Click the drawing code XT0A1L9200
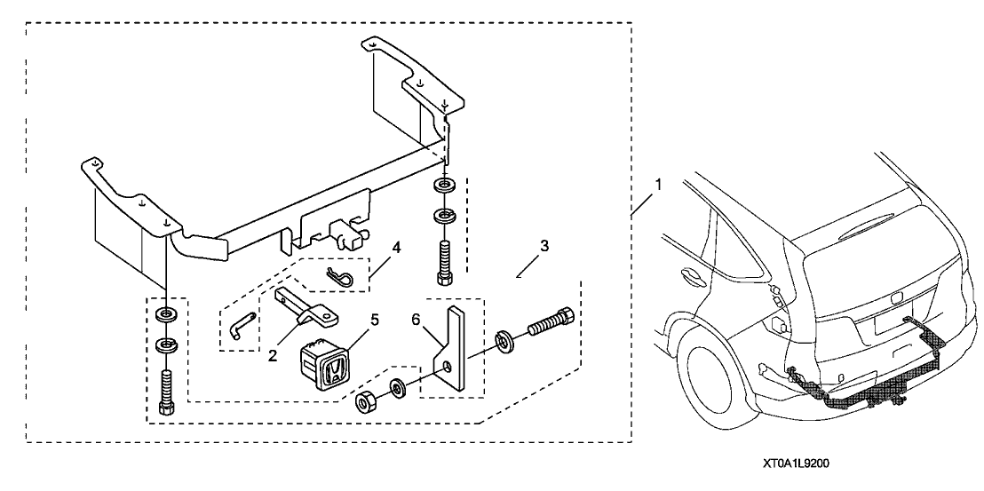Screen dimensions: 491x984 coord(798,463)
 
